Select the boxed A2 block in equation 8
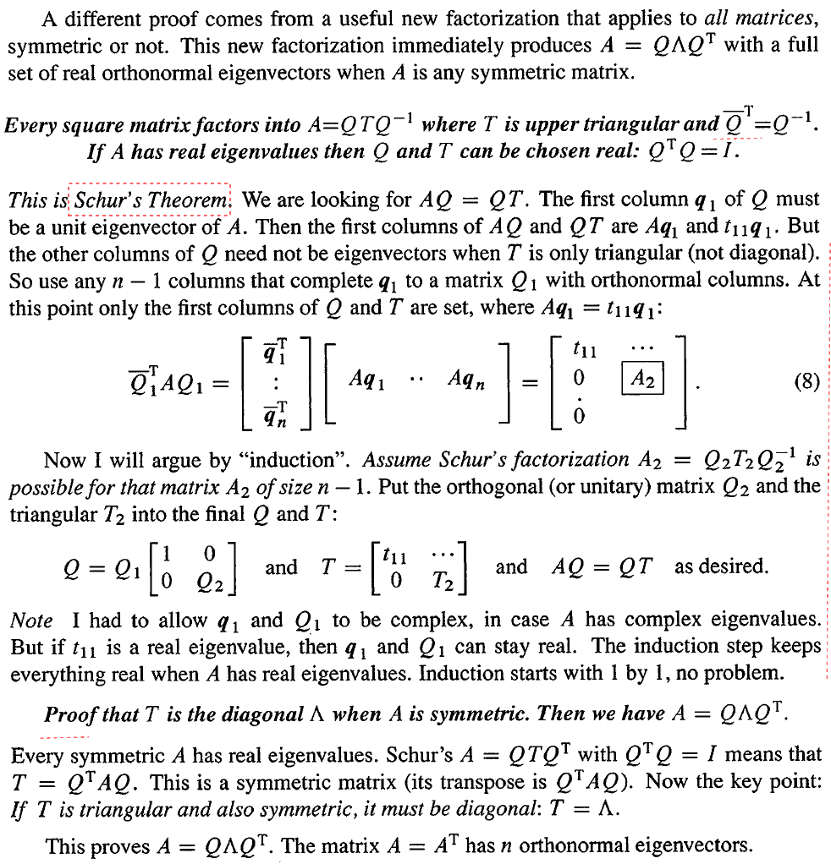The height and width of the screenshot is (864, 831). pos(643,380)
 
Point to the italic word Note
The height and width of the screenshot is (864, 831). pos(31,621)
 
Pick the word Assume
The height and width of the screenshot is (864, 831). pos(397,461)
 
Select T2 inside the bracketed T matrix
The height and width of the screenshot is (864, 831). pos(444,582)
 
